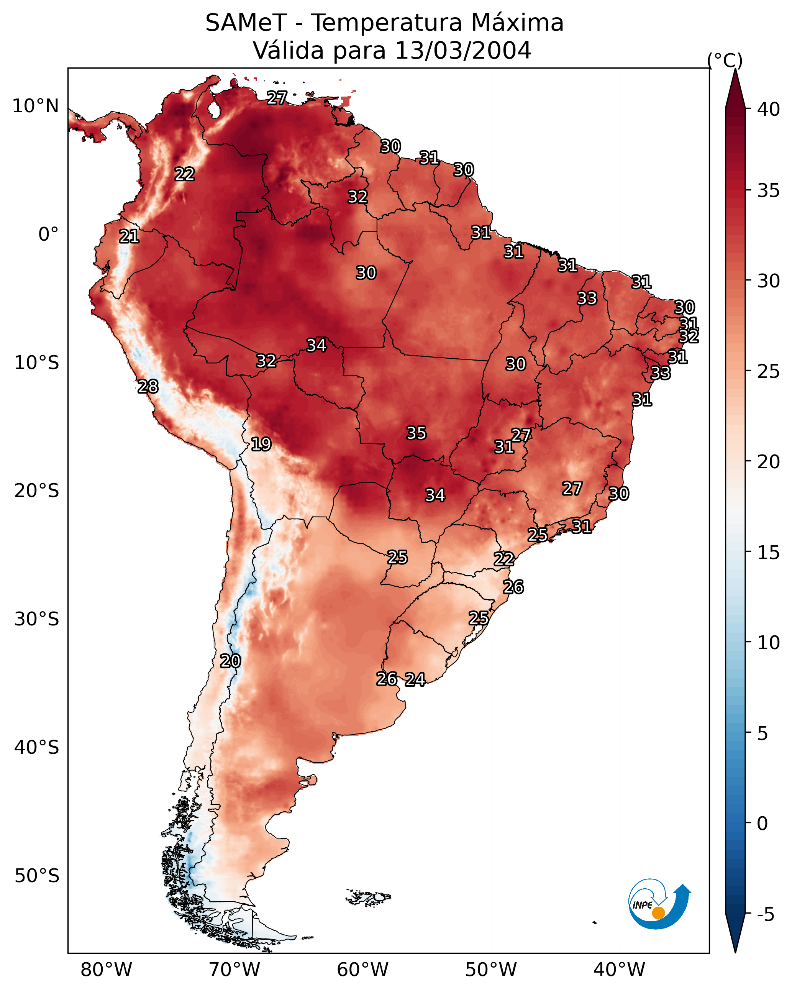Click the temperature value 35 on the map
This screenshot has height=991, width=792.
(x=416, y=433)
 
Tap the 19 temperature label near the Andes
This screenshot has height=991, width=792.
(x=261, y=444)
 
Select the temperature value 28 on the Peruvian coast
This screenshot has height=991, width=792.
(x=148, y=387)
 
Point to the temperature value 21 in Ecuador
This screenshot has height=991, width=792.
(x=129, y=237)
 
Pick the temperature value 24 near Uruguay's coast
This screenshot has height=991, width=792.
(x=415, y=679)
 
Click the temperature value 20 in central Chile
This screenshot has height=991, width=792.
(x=230, y=661)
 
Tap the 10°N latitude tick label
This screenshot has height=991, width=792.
(x=35, y=106)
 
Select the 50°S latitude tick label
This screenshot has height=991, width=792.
(x=37, y=876)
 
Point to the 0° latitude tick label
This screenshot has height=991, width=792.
(x=48, y=235)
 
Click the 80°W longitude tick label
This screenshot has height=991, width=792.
(x=106, y=970)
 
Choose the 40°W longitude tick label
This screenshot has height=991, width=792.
(x=619, y=970)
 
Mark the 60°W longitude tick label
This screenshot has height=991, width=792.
(x=363, y=970)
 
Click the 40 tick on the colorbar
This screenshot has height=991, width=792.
(x=768, y=109)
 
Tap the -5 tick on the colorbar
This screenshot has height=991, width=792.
(x=765, y=914)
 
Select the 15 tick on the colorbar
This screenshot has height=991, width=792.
(x=768, y=553)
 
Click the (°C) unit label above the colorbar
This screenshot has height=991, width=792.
(x=725, y=60)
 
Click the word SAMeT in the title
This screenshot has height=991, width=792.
(x=246, y=23)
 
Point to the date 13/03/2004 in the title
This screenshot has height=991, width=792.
(x=463, y=51)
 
